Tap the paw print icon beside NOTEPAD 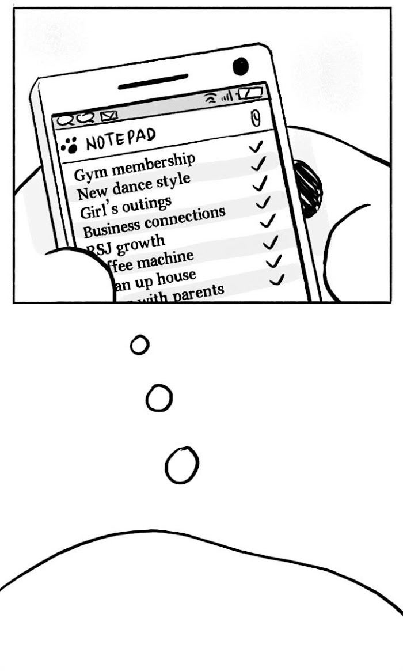tap(70, 146)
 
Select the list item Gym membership tap(135, 166)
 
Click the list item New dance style tap(133, 185)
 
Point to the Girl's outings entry tap(126, 206)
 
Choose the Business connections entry tap(154, 222)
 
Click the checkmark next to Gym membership tap(257, 147)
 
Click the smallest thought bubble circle tap(139, 345)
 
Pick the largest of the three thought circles tap(182, 465)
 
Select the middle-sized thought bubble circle tap(159, 399)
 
